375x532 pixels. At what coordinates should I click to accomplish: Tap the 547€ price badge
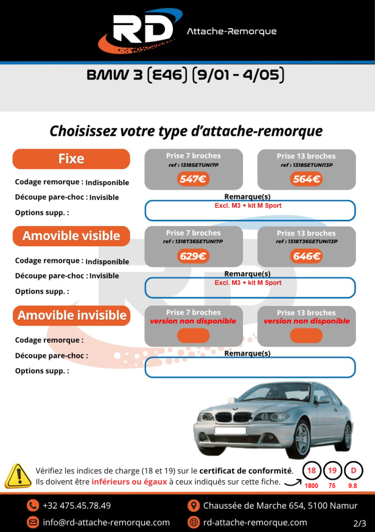coord(193,179)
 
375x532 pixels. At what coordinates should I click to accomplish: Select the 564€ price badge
coord(306,179)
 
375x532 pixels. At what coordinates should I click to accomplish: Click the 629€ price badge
coord(193,256)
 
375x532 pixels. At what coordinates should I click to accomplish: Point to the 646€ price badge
coord(306,256)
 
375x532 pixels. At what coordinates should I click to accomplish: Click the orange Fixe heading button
coord(71,159)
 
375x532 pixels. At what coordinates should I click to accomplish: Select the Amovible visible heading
coord(71,236)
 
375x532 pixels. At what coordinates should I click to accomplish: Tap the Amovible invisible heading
coord(72,315)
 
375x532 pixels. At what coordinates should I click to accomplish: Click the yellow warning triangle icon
coord(18,476)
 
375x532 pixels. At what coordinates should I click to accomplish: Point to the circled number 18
coord(312,471)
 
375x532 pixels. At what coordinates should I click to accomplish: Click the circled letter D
coord(353,471)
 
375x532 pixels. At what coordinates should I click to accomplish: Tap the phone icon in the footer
coord(33,506)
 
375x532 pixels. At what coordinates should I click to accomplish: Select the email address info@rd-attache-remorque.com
coord(106,522)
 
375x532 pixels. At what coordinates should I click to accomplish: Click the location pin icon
coord(193,506)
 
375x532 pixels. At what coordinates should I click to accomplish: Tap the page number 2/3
coord(359,523)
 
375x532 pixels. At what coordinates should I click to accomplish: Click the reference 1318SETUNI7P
coord(193,165)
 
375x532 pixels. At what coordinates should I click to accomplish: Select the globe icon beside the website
coord(193,522)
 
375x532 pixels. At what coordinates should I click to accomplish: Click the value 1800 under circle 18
coord(312,486)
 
